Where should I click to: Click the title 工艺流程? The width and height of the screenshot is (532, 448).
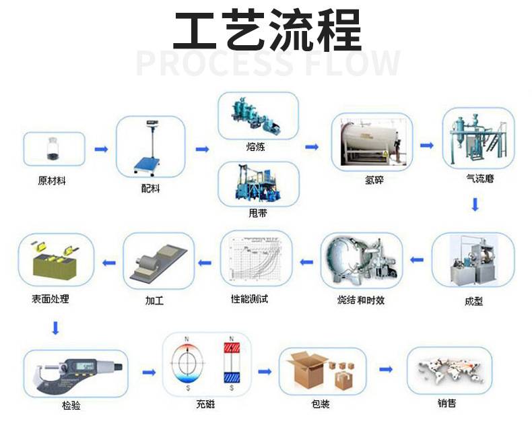pos(267,30)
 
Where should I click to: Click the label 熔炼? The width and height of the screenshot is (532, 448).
pos(256,147)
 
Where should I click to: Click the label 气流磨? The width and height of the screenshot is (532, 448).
pos(476,179)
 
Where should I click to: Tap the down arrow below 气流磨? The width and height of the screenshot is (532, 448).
pos(475,205)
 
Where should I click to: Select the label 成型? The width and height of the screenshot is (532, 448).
pos(474,300)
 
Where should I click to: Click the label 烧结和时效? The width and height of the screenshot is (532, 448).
pos(361,300)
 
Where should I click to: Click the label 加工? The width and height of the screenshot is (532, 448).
pos(154,300)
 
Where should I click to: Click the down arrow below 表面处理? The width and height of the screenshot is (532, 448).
pos(55,328)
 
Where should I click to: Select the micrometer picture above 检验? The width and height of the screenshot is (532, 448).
pos(75,372)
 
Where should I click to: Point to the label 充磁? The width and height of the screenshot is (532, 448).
pos(206,404)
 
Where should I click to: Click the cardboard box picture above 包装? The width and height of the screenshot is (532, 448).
pos(320,371)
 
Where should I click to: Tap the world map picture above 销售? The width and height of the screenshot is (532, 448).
pos(450,370)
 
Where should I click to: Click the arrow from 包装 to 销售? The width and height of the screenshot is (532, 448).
pos(386,369)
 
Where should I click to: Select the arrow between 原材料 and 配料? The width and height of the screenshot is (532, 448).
pos(100,149)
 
